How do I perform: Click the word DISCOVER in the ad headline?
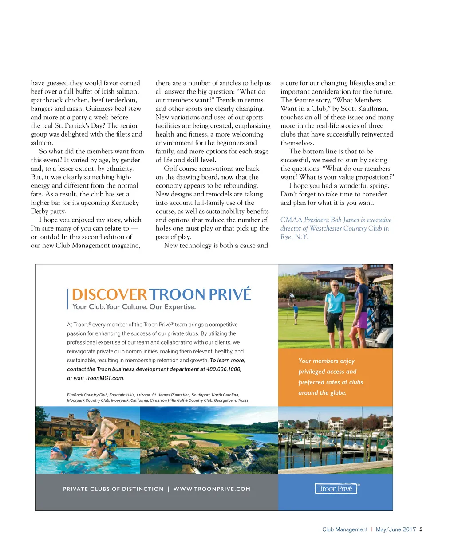(x=109, y=294)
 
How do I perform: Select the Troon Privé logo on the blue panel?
(x=336, y=489)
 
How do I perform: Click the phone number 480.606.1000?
(x=224, y=369)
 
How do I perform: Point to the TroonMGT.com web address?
(x=105, y=378)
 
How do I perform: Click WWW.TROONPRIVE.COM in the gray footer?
(x=212, y=489)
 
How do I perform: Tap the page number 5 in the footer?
(x=421, y=529)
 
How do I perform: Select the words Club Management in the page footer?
(x=345, y=529)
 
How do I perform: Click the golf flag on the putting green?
(x=292, y=296)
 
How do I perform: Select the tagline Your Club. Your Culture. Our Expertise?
(x=134, y=307)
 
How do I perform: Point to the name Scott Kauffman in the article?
(x=366, y=109)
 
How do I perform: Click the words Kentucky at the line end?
(x=124, y=203)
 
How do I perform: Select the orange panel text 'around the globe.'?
(x=322, y=393)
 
